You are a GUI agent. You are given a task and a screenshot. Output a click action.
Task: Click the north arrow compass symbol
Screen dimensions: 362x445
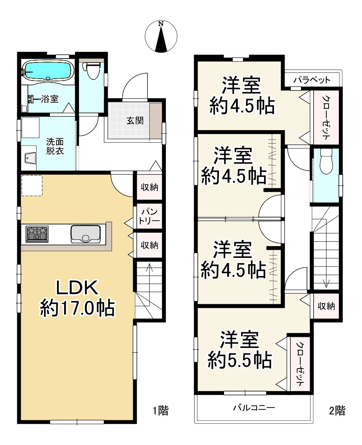(161, 36)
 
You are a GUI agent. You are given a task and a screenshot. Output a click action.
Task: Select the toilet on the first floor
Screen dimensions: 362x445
(92, 70)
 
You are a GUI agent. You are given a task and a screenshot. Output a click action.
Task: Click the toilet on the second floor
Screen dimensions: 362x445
(326, 161)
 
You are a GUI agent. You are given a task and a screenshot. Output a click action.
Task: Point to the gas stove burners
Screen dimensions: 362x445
(37, 234)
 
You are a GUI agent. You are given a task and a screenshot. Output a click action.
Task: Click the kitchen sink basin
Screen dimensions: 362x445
(85, 234)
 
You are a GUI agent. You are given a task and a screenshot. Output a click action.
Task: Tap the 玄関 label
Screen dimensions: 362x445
(135, 121)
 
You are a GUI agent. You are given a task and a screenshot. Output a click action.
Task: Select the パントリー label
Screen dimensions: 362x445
(149, 216)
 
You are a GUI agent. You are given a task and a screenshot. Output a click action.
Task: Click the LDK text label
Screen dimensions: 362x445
(77, 287)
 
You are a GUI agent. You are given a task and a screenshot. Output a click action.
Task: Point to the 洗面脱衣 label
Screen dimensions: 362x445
(55, 146)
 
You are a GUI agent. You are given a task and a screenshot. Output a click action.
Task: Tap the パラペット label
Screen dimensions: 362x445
(312, 80)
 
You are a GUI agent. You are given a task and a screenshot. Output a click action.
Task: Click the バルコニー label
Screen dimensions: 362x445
(254, 408)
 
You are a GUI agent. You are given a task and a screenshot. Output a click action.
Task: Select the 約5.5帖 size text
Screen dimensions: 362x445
(239, 360)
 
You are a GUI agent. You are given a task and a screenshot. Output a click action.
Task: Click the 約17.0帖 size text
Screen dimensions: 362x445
(77, 308)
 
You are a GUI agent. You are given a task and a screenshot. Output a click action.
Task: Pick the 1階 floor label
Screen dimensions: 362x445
(161, 410)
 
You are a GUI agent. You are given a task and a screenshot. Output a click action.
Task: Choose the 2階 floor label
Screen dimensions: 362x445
(337, 410)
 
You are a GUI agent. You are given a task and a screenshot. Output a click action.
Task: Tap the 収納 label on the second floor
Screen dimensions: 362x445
(326, 306)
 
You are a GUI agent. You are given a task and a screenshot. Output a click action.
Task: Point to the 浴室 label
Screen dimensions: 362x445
(50, 99)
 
